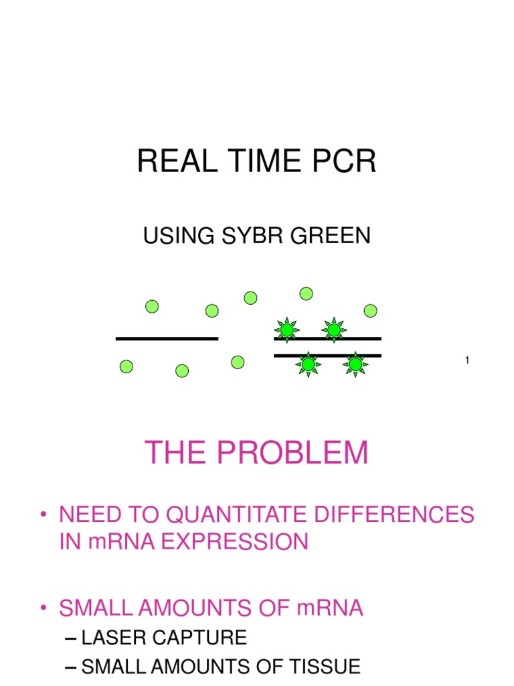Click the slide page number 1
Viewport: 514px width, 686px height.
click(467, 362)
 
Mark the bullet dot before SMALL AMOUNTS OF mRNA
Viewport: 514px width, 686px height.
click(44, 608)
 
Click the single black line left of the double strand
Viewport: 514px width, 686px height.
click(167, 339)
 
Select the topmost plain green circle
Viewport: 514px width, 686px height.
click(306, 293)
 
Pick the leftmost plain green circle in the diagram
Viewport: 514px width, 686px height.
click(126, 366)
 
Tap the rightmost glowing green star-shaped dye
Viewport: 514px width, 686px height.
click(355, 364)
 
